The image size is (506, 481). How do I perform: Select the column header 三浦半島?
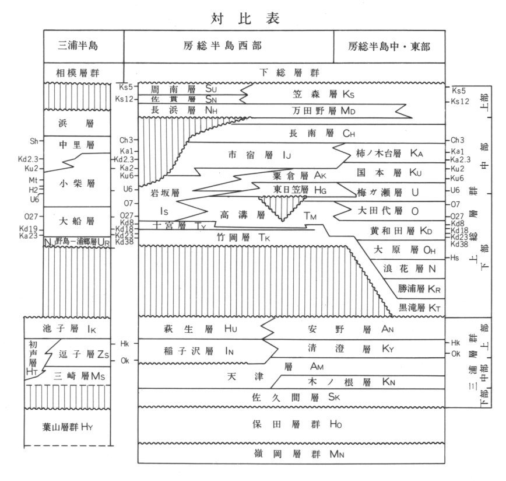tap(84, 46)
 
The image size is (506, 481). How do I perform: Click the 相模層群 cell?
tap(84, 72)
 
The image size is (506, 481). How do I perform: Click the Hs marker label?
tap(456, 257)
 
